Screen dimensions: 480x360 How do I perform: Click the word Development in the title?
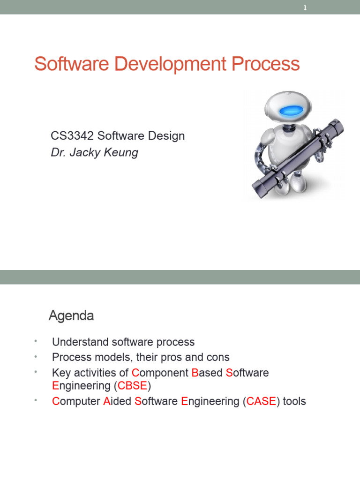159,64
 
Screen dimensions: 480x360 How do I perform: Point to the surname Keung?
123,153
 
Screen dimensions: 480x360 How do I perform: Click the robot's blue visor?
291,110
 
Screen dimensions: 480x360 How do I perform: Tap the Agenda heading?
71,316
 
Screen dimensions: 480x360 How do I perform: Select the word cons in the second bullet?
217,357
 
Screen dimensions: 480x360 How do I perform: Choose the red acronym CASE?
262,401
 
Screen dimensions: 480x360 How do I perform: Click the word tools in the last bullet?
293,401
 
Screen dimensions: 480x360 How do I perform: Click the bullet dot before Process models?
35,356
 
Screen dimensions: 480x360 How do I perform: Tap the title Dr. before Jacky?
58,153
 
